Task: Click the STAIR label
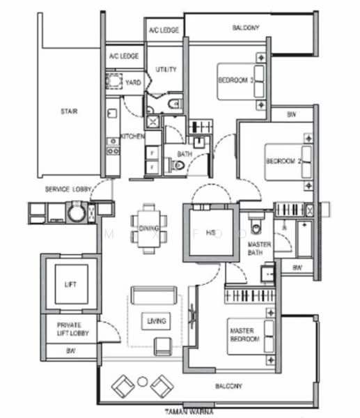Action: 68,109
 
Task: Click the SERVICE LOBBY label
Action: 64,189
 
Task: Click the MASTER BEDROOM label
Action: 244,335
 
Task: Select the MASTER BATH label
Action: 260,249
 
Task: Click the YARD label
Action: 132,83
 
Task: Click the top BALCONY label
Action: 245,28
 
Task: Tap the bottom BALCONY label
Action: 228,385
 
